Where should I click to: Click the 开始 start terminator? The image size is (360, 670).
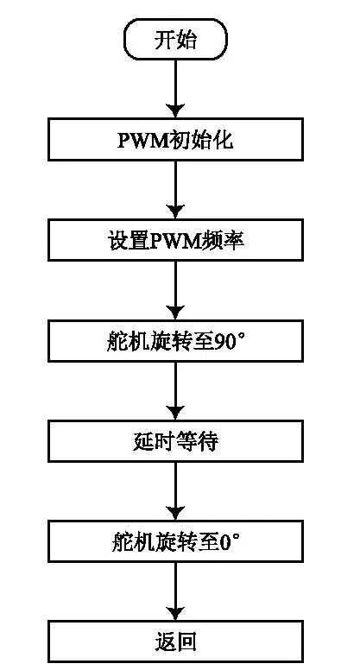tap(175, 40)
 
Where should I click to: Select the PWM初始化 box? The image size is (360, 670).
tap(175, 140)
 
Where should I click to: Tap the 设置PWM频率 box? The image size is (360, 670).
tap(175, 240)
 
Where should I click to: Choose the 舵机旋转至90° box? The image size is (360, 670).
tap(175, 341)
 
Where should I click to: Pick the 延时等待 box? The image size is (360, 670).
tap(175, 441)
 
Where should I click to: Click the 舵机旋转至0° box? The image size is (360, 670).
tap(175, 542)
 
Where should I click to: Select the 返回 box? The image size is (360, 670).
tap(175, 642)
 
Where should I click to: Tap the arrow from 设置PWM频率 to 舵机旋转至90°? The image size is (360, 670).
tap(175, 290)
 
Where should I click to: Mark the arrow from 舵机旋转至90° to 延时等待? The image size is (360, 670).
tap(175, 391)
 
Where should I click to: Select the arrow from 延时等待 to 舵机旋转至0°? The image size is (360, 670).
tap(175, 491)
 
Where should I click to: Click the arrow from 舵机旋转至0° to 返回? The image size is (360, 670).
tap(175, 592)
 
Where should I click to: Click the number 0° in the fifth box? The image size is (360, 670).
tap(229, 542)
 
